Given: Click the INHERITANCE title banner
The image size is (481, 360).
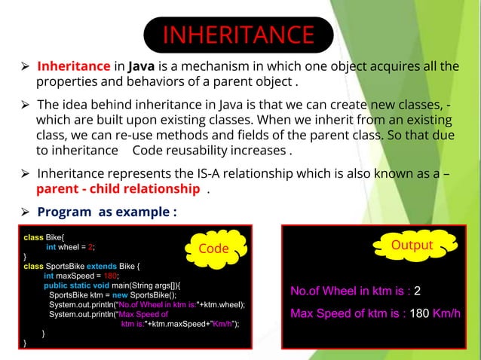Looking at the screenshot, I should [238, 35].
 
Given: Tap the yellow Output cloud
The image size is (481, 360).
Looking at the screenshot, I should [412, 246].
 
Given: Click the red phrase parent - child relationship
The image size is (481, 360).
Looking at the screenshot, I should [118, 188].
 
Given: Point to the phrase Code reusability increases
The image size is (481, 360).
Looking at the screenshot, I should [209, 150].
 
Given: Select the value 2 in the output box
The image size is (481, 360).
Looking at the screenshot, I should [417, 291].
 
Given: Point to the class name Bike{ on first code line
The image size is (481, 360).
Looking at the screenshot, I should [56, 236].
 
